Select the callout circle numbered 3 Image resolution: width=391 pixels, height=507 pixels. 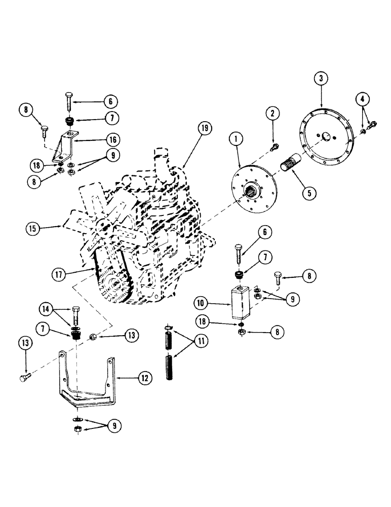321,79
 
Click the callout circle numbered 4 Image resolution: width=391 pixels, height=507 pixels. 363,98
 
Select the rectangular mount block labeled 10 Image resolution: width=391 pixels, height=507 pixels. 241,302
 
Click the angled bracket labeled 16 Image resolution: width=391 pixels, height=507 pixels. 67,147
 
